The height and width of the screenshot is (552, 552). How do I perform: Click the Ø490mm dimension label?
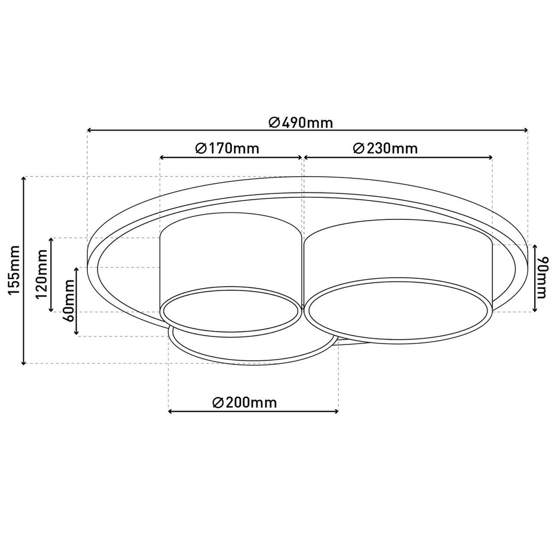pos(300,122)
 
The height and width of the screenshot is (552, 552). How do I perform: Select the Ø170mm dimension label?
pos(226,148)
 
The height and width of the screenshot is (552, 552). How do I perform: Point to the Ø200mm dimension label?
pos(245,402)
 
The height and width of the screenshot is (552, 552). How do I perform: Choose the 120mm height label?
pos(42,274)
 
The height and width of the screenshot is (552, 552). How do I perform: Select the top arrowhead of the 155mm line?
pos(24,180)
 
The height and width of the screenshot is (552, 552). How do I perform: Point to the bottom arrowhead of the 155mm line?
pos(24,361)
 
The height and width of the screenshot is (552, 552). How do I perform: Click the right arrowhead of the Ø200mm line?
pos(335,411)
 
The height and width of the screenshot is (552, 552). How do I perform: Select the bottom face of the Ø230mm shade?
pos(399,310)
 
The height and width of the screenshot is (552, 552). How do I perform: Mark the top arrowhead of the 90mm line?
pos(534,247)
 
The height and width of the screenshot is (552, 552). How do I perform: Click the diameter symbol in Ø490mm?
pos(273,122)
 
